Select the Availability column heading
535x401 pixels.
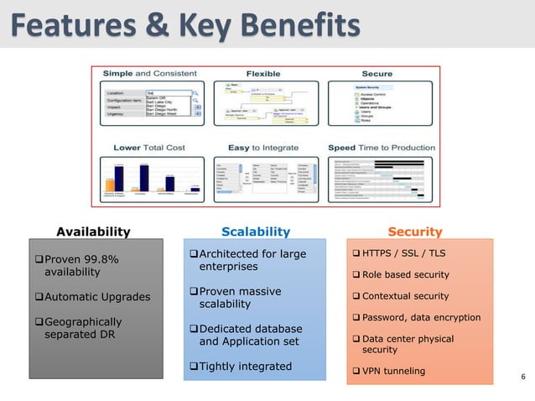point(93,231)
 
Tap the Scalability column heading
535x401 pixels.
point(255,231)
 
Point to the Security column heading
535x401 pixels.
point(415,231)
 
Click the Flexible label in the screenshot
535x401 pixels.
point(262,75)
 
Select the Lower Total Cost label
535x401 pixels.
point(151,148)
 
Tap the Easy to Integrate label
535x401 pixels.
point(262,148)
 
